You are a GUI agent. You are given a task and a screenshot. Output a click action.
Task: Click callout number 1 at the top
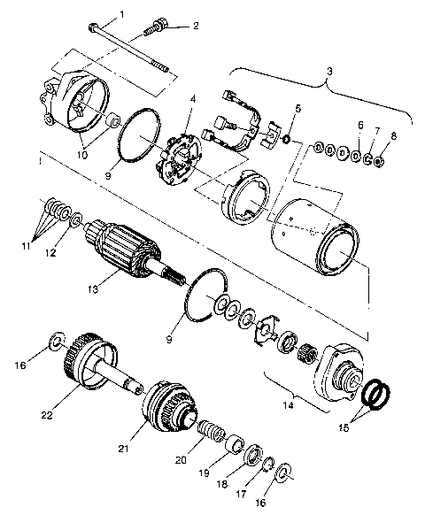pos(122,13)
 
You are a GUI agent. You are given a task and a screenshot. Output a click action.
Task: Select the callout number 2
pos(196,26)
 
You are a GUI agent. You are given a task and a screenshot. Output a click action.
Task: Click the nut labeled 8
pos(379,161)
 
